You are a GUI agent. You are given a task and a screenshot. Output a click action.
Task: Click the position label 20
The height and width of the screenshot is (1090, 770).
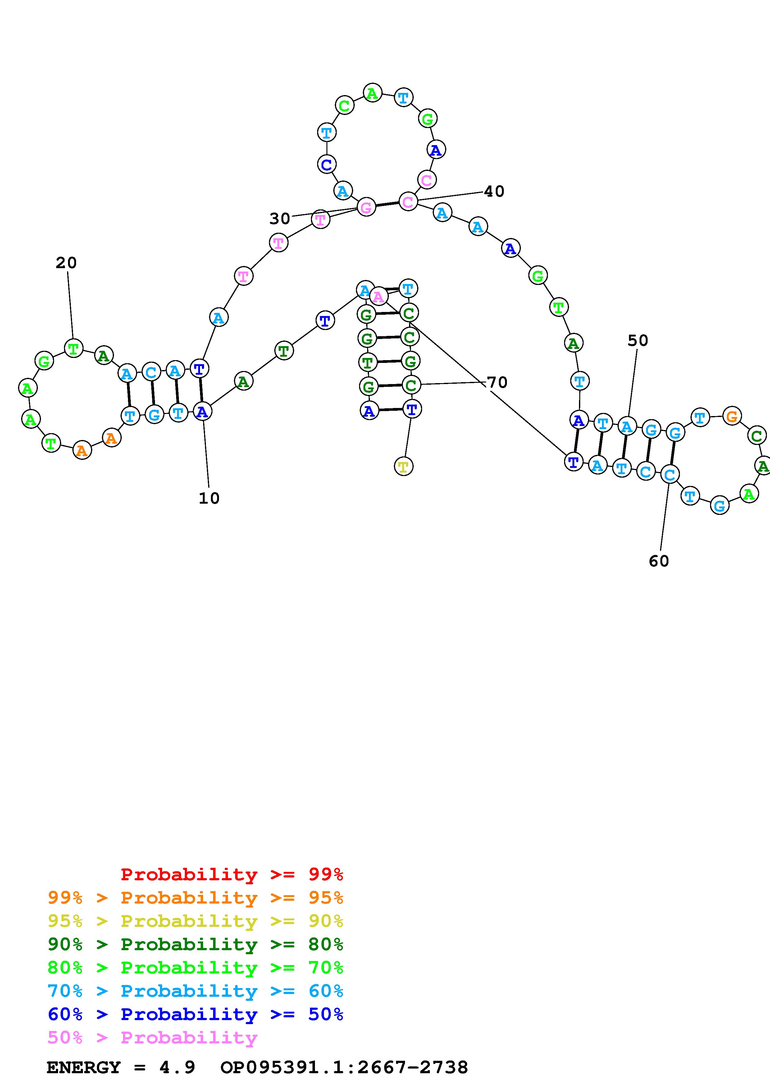coord(66,263)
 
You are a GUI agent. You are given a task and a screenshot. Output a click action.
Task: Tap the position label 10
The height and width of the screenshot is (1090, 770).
coord(209,498)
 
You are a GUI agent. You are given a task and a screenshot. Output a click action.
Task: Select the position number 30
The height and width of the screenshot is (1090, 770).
coord(280,219)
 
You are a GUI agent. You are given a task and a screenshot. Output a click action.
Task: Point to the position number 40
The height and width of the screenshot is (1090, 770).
coord(494,191)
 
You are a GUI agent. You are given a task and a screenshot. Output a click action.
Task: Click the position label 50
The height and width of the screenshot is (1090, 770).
coord(638,340)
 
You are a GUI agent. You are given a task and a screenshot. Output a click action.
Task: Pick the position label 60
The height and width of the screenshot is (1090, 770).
coord(658,561)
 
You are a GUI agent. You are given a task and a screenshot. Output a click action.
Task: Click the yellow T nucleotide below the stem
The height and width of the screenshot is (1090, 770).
coord(403,467)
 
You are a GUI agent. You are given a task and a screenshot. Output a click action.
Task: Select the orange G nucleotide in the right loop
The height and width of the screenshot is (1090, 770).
coord(732,417)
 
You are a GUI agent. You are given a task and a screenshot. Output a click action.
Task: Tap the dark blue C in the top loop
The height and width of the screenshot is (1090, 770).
coord(326,165)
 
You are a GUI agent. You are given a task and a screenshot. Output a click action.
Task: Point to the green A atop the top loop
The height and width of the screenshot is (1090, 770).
coord(372,93)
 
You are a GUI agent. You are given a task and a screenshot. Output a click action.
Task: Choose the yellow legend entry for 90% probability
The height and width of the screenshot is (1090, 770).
coord(195,921)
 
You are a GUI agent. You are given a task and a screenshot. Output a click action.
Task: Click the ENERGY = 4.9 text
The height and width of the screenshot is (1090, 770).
coord(121,1067)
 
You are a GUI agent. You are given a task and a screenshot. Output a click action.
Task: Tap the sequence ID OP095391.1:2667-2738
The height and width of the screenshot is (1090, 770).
coord(344,1067)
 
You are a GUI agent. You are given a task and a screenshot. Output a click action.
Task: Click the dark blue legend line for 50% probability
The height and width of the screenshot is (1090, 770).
coord(195,1014)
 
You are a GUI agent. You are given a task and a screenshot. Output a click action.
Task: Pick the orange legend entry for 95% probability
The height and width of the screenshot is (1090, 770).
coord(195,897)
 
